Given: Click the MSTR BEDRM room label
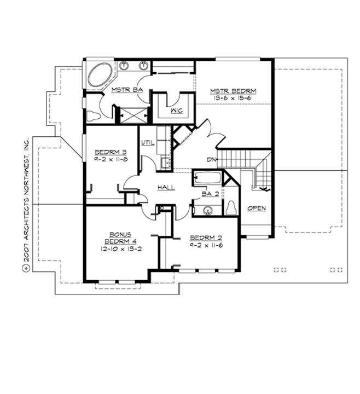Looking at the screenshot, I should pyautogui.click(x=234, y=91).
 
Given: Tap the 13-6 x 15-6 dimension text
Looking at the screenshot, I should pyautogui.click(x=234, y=99).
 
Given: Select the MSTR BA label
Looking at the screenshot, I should pyautogui.click(x=123, y=90).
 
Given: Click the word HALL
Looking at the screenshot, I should pyautogui.click(x=166, y=188).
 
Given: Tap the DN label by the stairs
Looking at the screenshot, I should pyautogui.click(x=211, y=159).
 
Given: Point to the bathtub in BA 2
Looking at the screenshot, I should pyautogui.click(x=207, y=178).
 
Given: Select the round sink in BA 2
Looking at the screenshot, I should pyautogui.click(x=207, y=210).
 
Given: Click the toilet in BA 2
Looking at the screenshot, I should pyautogui.click(x=231, y=208).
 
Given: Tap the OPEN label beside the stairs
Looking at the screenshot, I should pyautogui.click(x=257, y=208).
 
